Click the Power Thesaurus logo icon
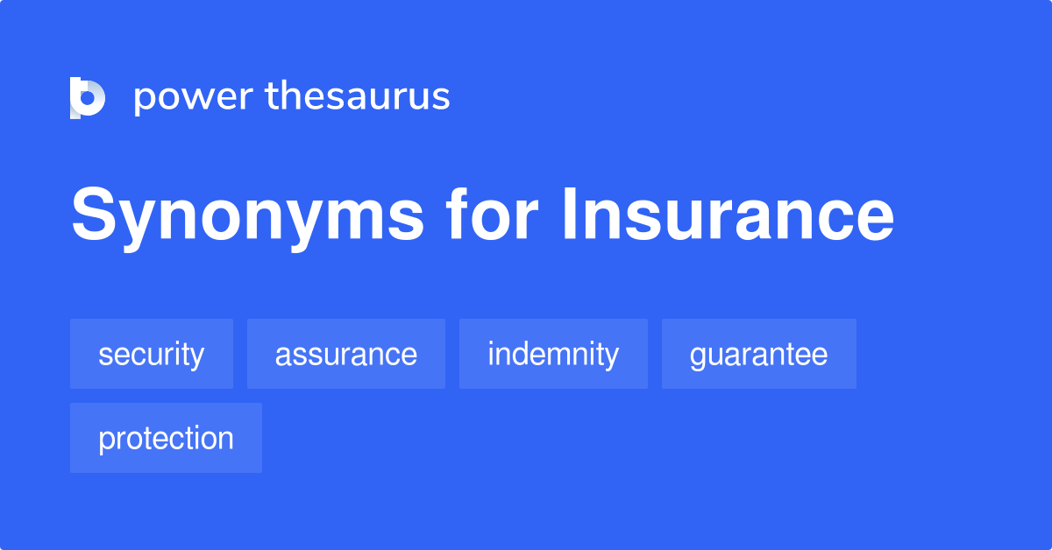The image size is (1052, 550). tap(88, 97)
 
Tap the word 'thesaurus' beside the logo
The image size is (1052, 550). tap(358, 95)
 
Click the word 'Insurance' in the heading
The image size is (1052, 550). tap(728, 214)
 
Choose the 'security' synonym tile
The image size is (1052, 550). tap(152, 354)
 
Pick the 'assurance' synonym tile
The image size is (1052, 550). tap(346, 354)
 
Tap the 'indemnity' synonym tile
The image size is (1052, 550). tap(553, 354)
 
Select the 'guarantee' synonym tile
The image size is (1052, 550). tap(759, 354)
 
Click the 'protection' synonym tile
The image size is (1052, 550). tap(166, 438)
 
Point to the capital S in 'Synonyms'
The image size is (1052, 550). tap(94, 214)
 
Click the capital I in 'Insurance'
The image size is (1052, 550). tap(569, 214)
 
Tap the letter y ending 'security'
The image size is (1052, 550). tap(196, 357)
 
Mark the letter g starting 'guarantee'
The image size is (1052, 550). tap(699, 357)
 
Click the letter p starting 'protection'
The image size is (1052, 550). tap(108, 441)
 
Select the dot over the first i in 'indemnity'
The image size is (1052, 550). tap(491, 342)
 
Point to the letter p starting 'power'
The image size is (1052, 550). tap(145, 101)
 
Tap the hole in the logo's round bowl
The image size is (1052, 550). tap(88, 97)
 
